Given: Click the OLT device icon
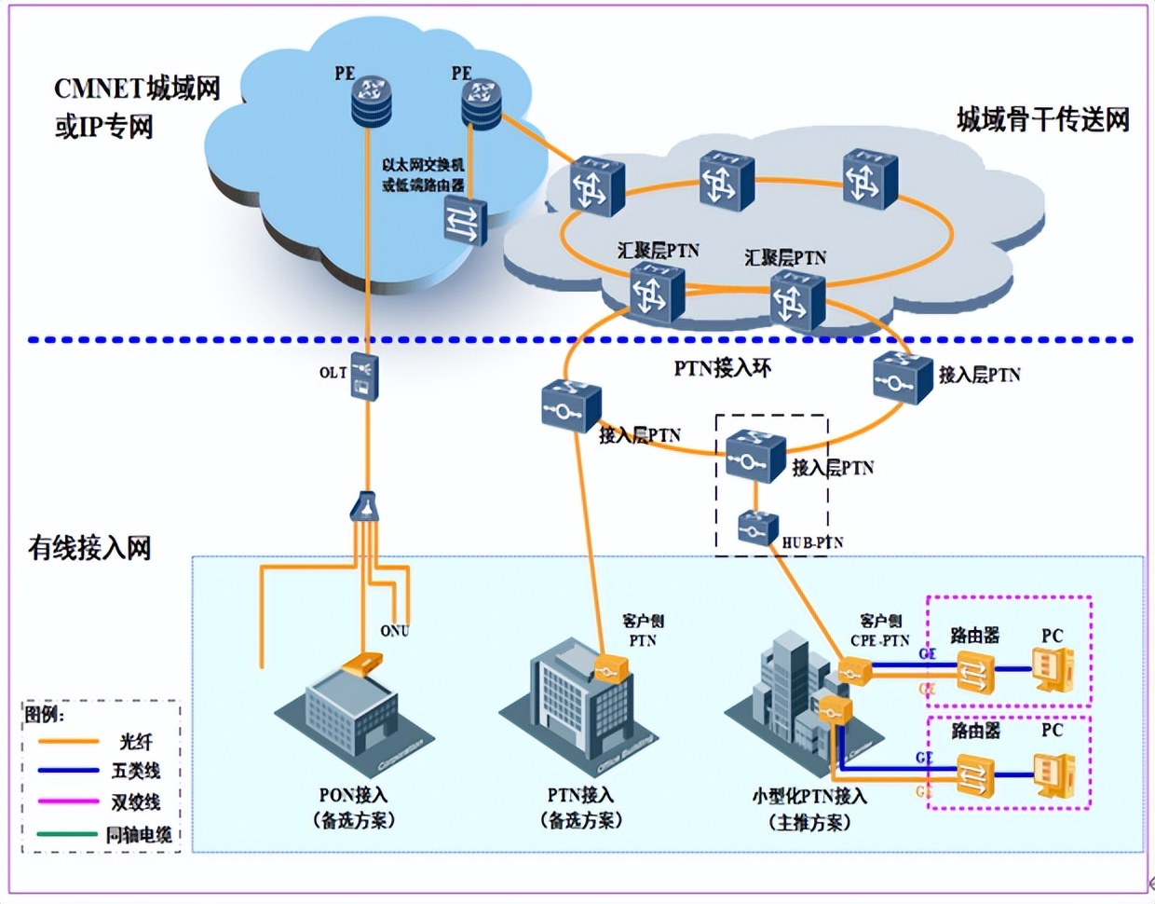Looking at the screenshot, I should pyautogui.click(x=363, y=377).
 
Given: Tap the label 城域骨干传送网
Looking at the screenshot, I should pyautogui.click(x=1042, y=120).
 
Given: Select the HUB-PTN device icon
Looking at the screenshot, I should pyautogui.click(x=756, y=528).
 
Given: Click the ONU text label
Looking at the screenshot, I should pyautogui.click(x=394, y=631).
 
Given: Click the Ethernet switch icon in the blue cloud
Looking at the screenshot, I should pyautogui.click(x=464, y=221).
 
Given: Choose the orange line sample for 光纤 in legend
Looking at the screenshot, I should pyautogui.click(x=68, y=742).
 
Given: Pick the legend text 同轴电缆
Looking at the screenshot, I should pyautogui.click(x=139, y=834).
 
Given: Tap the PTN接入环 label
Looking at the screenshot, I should pyautogui.click(x=723, y=369).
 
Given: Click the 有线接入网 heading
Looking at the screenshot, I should pyautogui.click(x=89, y=548).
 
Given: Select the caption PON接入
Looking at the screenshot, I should pyautogui.click(x=353, y=795).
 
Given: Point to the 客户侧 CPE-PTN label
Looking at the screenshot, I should pyautogui.click(x=880, y=631).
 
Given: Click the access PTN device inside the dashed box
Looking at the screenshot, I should pyautogui.click(x=754, y=455).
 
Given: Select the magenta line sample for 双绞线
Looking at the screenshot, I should pyautogui.click(x=68, y=801).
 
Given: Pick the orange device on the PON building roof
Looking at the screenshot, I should pyautogui.click(x=361, y=665).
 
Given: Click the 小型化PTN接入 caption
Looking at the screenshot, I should pyautogui.click(x=809, y=796).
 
